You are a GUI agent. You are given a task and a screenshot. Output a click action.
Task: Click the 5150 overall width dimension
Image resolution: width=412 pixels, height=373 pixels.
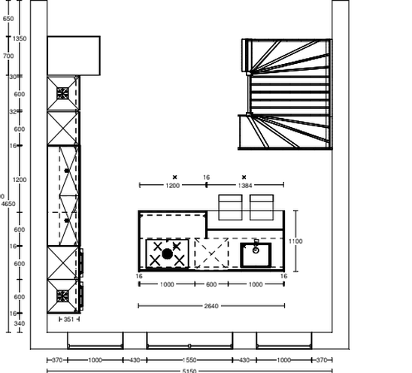[189, 370]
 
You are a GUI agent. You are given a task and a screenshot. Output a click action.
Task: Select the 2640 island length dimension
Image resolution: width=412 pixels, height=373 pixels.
[211, 305]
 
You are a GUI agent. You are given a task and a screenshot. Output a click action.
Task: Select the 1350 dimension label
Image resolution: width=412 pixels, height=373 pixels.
[20, 38]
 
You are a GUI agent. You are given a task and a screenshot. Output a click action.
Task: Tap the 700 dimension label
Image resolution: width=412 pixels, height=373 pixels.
[8, 56]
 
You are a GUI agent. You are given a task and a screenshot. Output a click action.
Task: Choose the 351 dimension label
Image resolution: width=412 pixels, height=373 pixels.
[67, 319]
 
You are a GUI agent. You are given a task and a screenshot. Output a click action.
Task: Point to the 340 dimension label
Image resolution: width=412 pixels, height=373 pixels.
[20, 323]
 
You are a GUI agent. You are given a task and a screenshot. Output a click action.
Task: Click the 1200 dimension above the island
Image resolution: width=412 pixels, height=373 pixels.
[173, 184]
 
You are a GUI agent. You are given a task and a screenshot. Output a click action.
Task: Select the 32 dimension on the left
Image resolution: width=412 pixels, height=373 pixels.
[13, 111]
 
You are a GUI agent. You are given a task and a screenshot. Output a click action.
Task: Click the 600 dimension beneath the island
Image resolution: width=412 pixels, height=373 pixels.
[211, 284]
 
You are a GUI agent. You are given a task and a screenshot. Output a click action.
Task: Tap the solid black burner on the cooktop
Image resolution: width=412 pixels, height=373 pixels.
[168, 253]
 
